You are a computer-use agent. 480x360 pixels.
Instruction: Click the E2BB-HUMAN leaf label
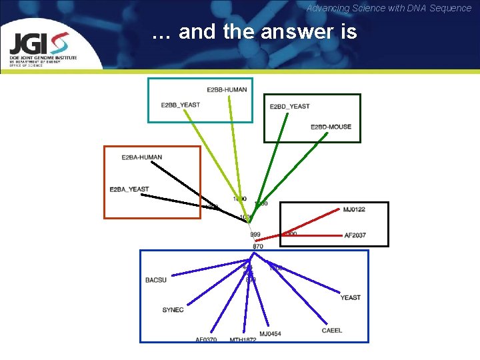coord(227,90)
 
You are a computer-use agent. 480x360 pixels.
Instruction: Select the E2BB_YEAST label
coord(180,105)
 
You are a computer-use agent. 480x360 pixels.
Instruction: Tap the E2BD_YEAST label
coord(289,107)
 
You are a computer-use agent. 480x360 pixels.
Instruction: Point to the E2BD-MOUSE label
coord(331,127)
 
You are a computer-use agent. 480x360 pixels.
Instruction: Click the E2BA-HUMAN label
coord(141,158)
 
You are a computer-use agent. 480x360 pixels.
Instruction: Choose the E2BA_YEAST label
coord(129,190)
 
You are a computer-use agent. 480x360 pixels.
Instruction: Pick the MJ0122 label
coord(354,210)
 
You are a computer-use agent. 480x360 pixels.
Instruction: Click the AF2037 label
coord(355,235)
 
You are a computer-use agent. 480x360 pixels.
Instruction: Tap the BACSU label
coord(156,280)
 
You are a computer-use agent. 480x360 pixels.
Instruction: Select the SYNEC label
coord(173,310)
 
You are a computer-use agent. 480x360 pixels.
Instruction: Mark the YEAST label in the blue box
coord(351,298)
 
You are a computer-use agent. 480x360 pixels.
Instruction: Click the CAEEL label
coord(332,331)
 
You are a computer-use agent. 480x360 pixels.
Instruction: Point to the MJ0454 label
coord(270,333)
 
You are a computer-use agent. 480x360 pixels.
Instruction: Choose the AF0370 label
coord(206,340)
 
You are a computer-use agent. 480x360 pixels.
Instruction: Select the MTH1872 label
coord(243,340)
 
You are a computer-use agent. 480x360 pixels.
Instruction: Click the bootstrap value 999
coord(255,235)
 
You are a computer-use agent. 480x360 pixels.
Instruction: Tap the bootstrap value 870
coord(258,247)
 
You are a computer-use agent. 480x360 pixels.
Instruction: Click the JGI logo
coord(40,47)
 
